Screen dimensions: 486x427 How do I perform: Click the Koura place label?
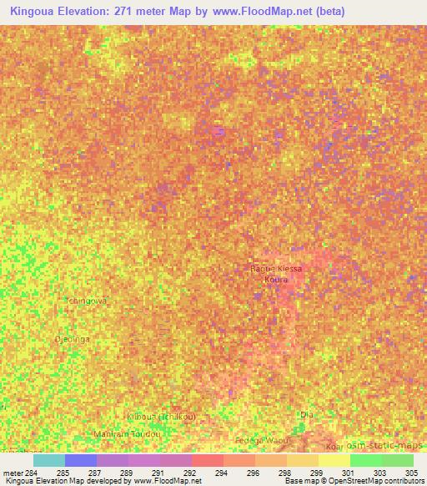tap(275, 280)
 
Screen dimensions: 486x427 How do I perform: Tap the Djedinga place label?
tap(71, 341)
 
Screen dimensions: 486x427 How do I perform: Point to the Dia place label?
tap(306, 413)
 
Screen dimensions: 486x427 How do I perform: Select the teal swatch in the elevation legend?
tap(48, 460)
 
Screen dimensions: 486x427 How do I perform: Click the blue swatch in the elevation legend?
tap(81, 460)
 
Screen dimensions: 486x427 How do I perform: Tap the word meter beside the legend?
tap(13, 473)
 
